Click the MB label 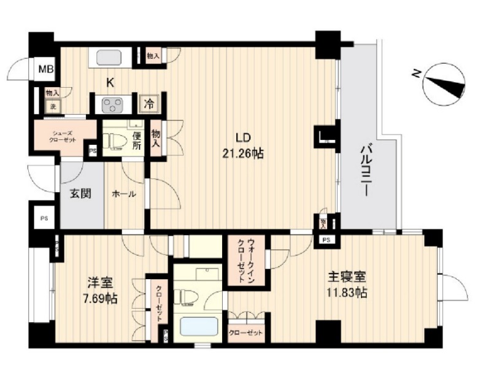(x=46, y=69)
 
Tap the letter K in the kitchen (x=111, y=82)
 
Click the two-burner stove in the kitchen (x=112, y=104)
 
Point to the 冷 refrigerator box (x=149, y=104)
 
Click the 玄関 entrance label (x=80, y=195)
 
